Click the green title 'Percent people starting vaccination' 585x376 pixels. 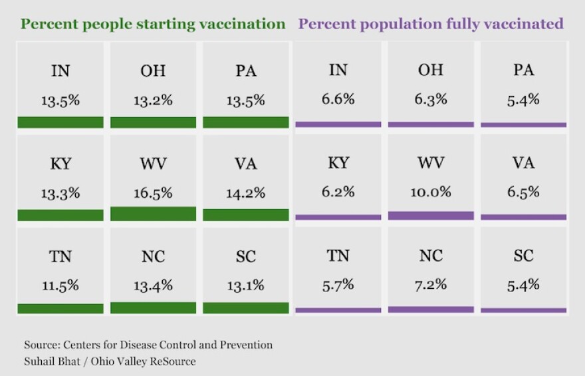[x=153, y=24]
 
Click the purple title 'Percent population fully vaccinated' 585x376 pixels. [x=431, y=24]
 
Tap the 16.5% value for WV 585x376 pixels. [x=153, y=193]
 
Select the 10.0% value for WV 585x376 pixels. [x=431, y=192]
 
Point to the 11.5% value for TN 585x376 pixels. [x=60, y=285]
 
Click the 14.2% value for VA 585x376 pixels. [x=246, y=193]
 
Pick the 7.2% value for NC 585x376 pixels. [x=431, y=285]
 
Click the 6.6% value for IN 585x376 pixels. [x=338, y=99]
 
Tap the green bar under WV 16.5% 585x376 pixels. [x=153, y=214]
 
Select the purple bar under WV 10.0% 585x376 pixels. [x=431, y=216]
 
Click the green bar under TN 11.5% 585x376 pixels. [x=60, y=308]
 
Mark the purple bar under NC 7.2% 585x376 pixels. [x=431, y=309]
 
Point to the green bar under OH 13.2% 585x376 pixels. [x=153, y=122]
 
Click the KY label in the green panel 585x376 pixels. [x=60, y=164]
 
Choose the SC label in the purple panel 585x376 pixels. [x=523, y=256]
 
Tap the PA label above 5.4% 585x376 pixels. [x=523, y=70]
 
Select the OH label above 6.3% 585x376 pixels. [x=431, y=70]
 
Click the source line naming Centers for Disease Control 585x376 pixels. [x=148, y=345]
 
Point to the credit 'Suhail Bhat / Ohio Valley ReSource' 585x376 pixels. [x=110, y=361]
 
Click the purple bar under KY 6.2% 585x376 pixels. [x=338, y=218]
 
